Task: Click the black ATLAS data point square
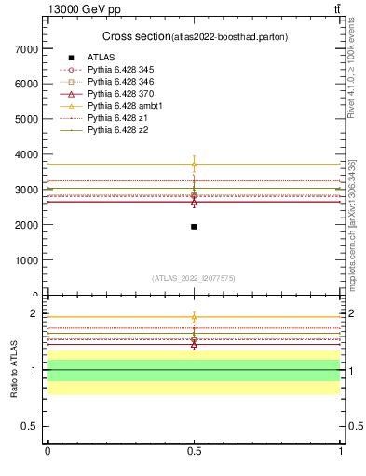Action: pyautogui.click(x=194, y=227)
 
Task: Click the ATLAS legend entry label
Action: pyautogui.click(x=101, y=58)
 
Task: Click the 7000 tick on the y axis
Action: pyautogui.click(x=25, y=48)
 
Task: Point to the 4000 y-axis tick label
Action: pyautogui.click(x=25, y=154)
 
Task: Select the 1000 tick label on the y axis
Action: pyautogui.click(x=25, y=260)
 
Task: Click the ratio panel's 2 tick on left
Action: pyautogui.click(x=35, y=314)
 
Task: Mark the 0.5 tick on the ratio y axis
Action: pyautogui.click(x=30, y=426)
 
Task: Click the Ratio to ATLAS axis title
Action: pyautogui.click(x=13, y=369)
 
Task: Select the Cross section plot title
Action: pyautogui.click(x=194, y=36)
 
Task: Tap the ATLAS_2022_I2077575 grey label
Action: pyautogui.click(x=194, y=278)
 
